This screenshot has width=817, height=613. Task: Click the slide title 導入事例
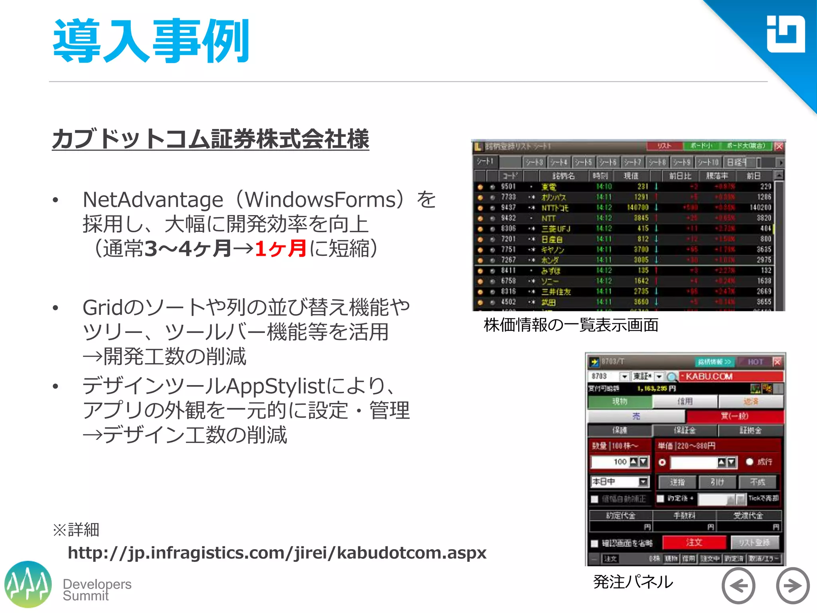[151, 41]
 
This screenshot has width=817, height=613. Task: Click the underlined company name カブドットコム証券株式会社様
[210, 139]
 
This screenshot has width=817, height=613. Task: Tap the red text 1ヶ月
[280, 249]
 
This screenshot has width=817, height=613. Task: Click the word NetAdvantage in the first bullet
[153, 200]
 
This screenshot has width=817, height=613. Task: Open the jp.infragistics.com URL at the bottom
[277, 553]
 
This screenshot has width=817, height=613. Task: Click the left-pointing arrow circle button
[738, 585]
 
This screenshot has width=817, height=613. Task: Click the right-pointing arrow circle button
[792, 585]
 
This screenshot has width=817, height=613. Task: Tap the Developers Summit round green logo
[28, 584]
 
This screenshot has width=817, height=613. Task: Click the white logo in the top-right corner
[785, 34]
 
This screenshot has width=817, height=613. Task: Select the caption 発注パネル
[633, 582]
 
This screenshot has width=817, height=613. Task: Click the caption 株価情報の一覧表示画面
[571, 325]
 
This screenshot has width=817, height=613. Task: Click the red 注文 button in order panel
[694, 542]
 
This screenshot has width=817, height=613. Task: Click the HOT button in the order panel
[755, 362]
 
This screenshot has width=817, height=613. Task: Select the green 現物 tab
[620, 401]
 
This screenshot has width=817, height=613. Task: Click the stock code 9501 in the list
[508, 187]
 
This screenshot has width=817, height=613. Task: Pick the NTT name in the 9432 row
[549, 218]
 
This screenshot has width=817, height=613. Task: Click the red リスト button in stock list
[664, 146]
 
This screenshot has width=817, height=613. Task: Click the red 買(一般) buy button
[734, 416]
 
